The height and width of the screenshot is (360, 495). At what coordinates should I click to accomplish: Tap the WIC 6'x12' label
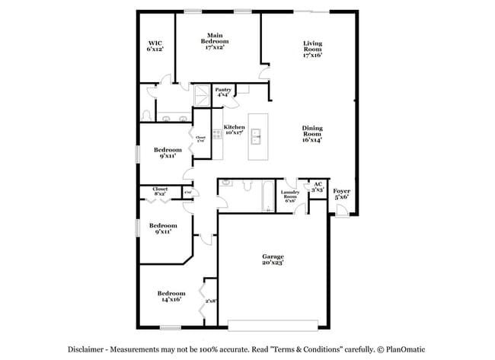pyautogui.click(x=155, y=46)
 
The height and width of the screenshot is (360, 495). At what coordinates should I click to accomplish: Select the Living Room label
pyautogui.click(x=312, y=49)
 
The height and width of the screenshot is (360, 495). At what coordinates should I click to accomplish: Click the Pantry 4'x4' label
pyautogui.click(x=223, y=92)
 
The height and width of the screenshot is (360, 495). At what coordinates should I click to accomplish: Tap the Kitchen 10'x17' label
pyautogui.click(x=234, y=129)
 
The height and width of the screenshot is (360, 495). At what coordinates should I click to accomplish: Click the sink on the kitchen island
pyautogui.click(x=257, y=137)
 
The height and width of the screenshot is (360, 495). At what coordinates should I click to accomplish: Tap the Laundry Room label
pyautogui.click(x=290, y=196)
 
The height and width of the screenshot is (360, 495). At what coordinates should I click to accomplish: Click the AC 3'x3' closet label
pyautogui.click(x=317, y=186)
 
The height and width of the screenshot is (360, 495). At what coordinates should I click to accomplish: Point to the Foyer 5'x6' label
pyautogui.click(x=342, y=193)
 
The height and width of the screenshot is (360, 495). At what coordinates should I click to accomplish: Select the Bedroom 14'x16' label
pyautogui.click(x=171, y=297)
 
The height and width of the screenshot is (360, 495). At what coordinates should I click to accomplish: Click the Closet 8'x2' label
pyautogui.click(x=160, y=191)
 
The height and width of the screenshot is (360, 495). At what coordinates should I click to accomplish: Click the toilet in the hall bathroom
pyautogui.click(x=247, y=185)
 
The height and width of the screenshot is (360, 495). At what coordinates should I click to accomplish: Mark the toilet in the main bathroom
pyautogui.click(x=146, y=115)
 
